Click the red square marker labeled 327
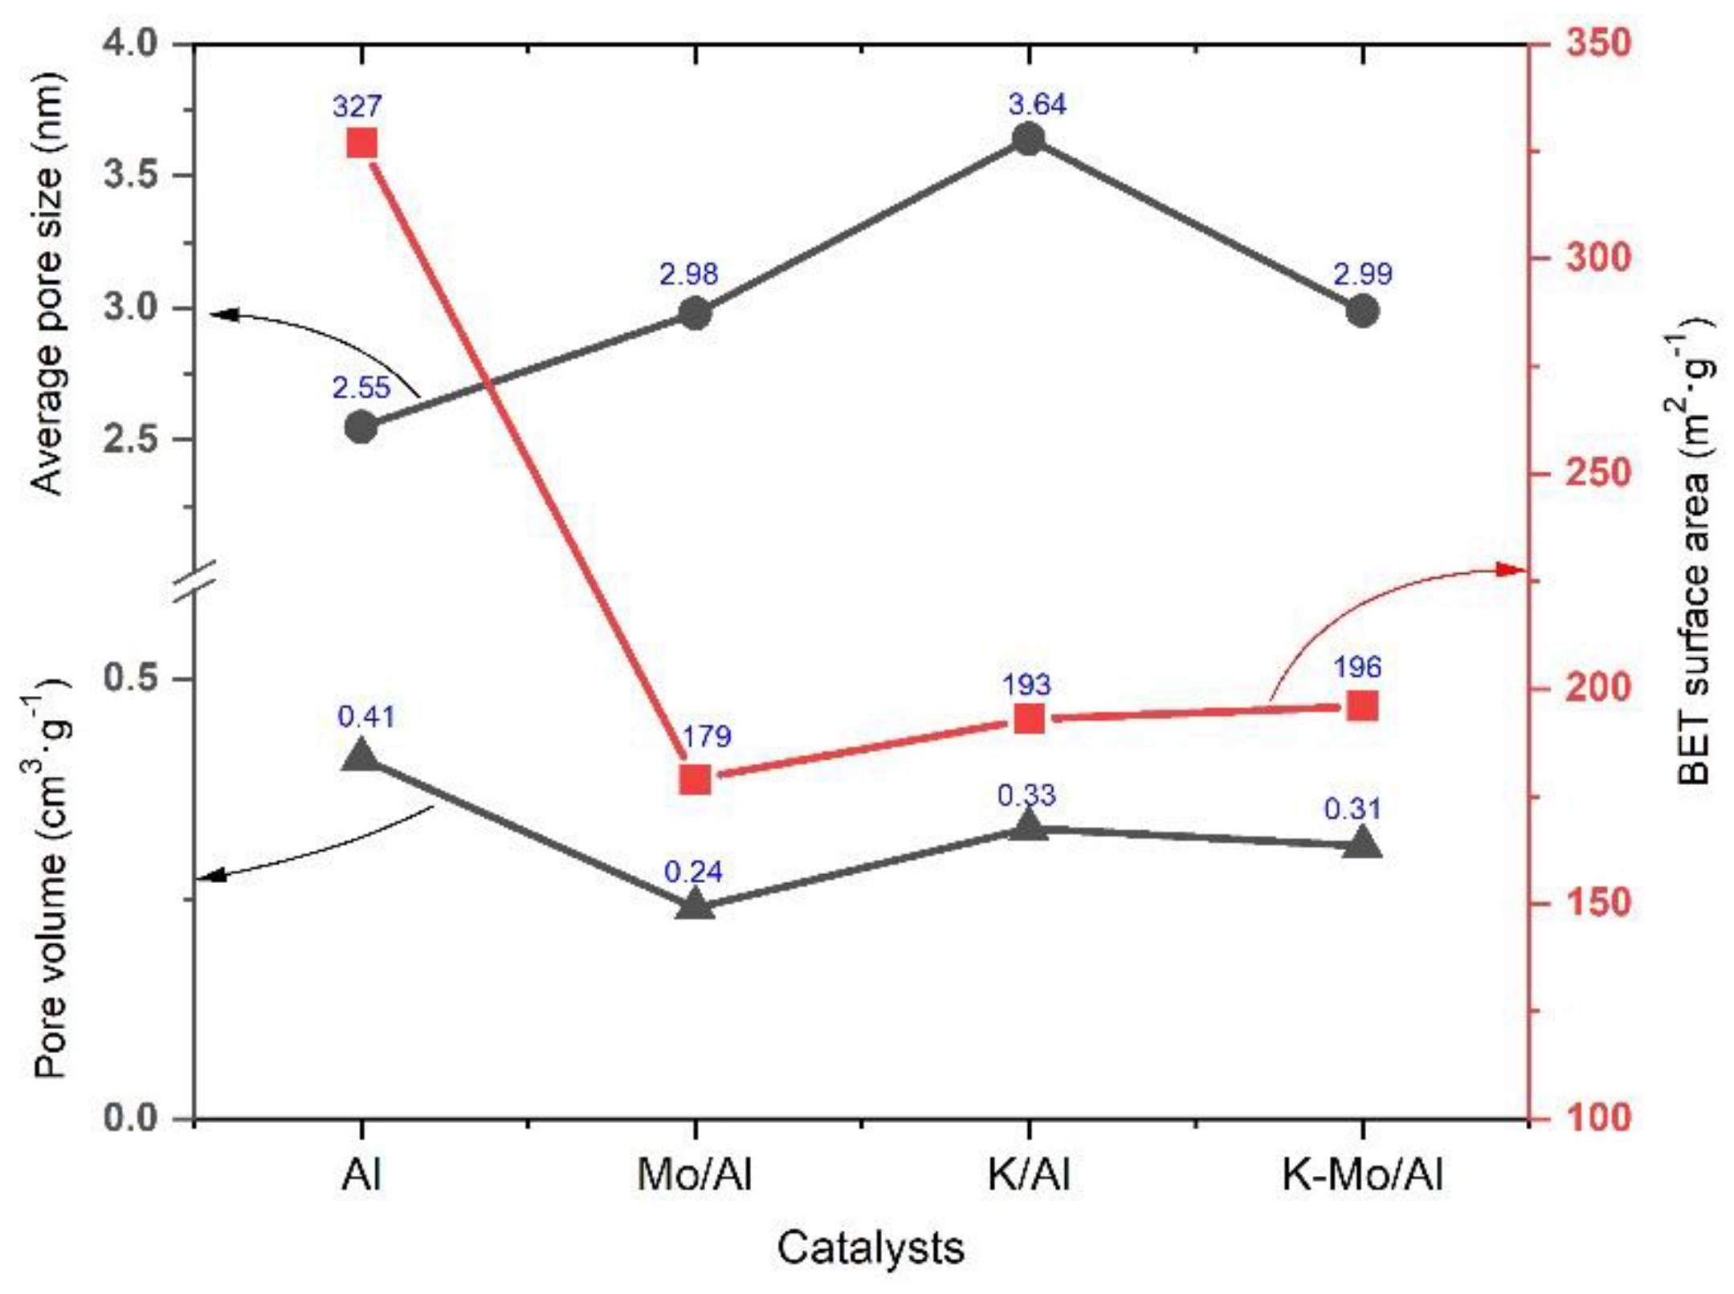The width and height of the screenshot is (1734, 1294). [x=361, y=145]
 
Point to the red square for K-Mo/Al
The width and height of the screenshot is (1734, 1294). [x=1362, y=706]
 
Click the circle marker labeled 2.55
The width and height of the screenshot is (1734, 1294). [x=361, y=427]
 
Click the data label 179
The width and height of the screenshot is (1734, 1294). [x=706, y=736]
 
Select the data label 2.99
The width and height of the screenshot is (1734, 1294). [x=1362, y=275]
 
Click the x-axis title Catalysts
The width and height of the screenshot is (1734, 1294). [x=870, y=1248]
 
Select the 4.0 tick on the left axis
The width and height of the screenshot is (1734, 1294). [x=133, y=43]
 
